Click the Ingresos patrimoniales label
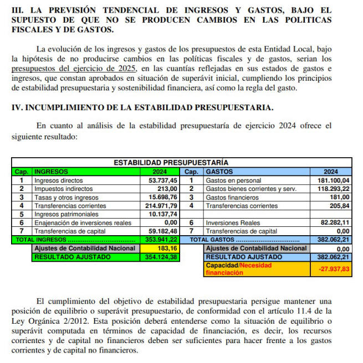point(64,214)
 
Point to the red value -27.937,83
point(335,269)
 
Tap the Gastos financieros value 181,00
point(340,197)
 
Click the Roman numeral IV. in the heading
point(17,106)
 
